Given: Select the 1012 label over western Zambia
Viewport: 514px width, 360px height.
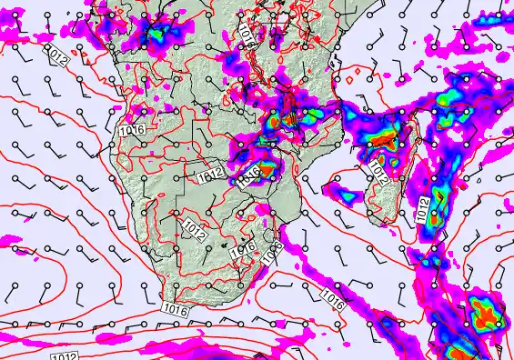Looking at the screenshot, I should (x=207, y=168).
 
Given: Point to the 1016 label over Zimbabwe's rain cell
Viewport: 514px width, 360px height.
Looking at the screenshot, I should (x=249, y=175).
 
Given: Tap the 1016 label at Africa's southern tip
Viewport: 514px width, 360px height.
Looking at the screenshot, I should (x=178, y=311).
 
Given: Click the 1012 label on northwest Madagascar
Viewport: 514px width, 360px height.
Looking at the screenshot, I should (x=378, y=172).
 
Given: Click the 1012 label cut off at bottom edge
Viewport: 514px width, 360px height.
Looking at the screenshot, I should (x=64, y=355).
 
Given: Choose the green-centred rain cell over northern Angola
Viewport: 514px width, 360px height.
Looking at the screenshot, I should (x=156, y=35).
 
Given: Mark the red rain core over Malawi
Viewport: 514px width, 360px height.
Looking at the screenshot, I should (x=288, y=117).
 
